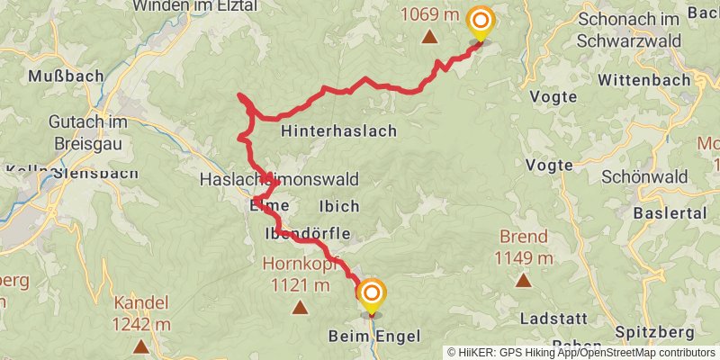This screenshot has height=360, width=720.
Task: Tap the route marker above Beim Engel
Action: tap(371, 293)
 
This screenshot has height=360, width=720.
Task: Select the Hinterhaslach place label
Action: tap(338, 131)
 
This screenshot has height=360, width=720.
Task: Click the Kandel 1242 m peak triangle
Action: tap(141, 346)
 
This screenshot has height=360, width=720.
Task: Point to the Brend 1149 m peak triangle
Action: tap(523, 280)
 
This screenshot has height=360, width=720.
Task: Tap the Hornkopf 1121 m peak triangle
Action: tap(300, 308)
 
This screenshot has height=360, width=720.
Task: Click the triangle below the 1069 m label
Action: tap(430, 37)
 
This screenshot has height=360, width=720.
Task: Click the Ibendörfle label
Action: tap(307, 234)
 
